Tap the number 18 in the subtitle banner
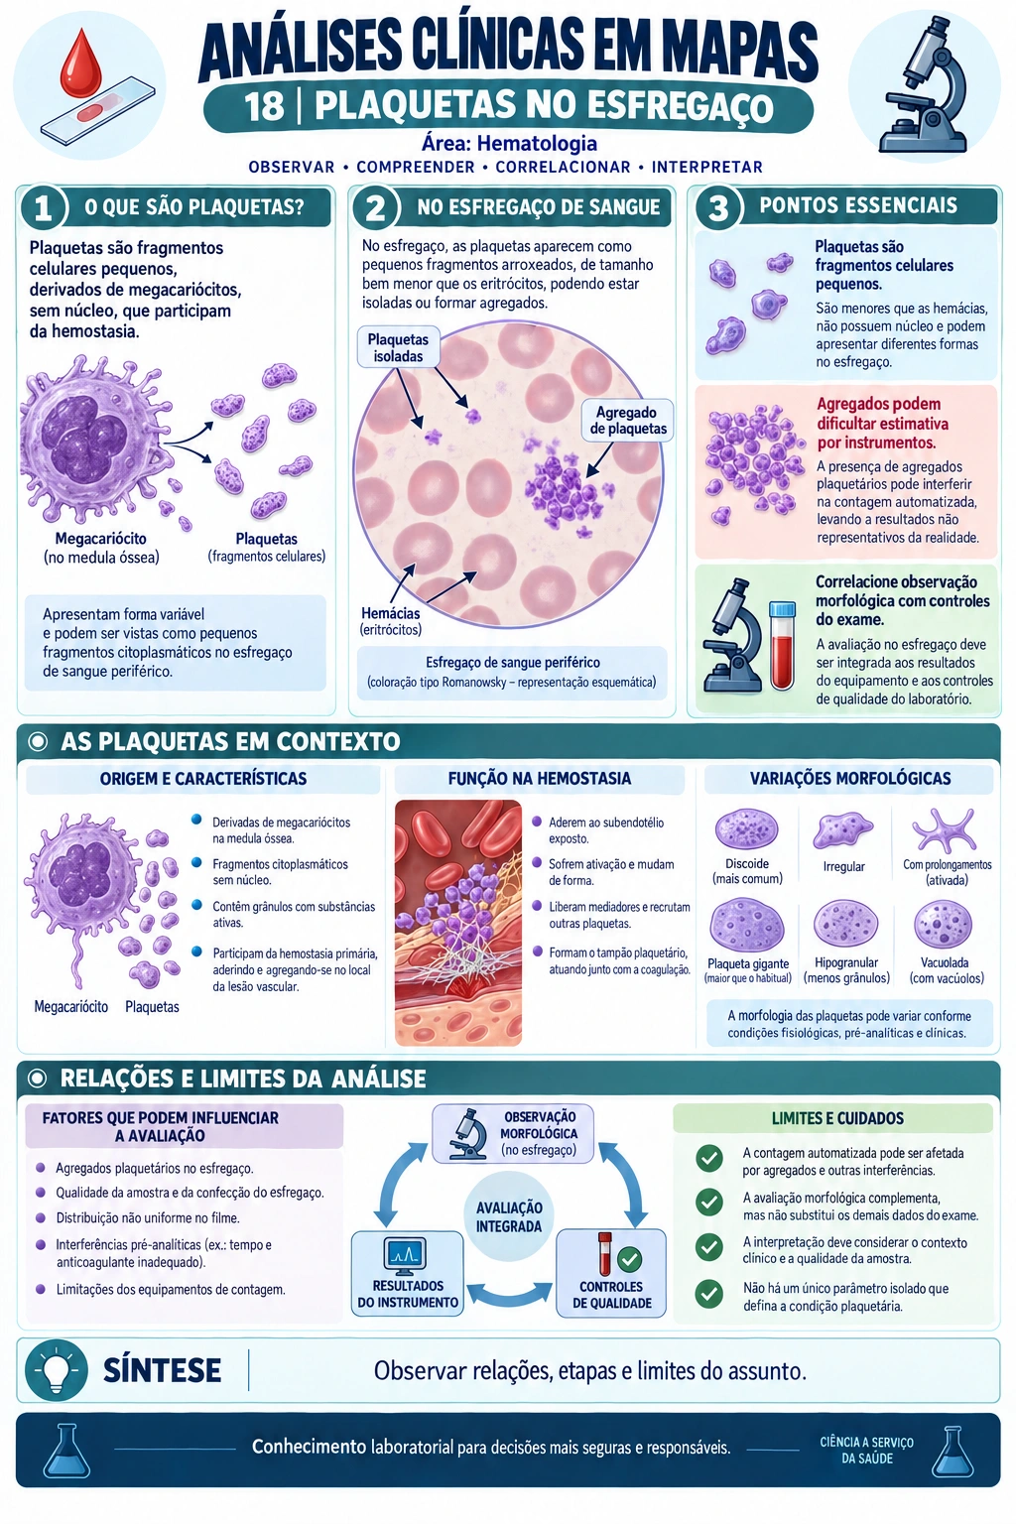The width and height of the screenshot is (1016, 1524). (x=264, y=107)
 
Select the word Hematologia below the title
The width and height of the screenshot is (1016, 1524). (x=537, y=144)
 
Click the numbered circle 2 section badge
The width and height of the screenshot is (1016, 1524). (x=375, y=207)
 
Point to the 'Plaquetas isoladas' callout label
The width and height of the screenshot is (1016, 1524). (x=398, y=347)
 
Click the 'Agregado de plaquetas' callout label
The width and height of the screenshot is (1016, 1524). (x=627, y=421)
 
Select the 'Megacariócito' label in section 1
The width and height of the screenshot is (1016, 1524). (x=101, y=539)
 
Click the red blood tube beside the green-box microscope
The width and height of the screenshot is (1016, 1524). (x=782, y=644)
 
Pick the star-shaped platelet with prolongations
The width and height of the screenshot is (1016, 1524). (x=945, y=830)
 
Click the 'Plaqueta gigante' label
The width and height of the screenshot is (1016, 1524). (x=748, y=964)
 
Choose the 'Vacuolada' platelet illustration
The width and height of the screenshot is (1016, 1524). (x=943, y=925)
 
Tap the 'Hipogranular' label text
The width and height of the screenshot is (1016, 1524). (x=846, y=962)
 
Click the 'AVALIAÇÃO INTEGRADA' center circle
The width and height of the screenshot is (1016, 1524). (x=509, y=1216)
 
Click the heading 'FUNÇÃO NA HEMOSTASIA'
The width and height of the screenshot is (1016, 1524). (x=539, y=778)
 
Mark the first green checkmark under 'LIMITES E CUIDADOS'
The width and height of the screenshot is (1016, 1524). (x=709, y=1158)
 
